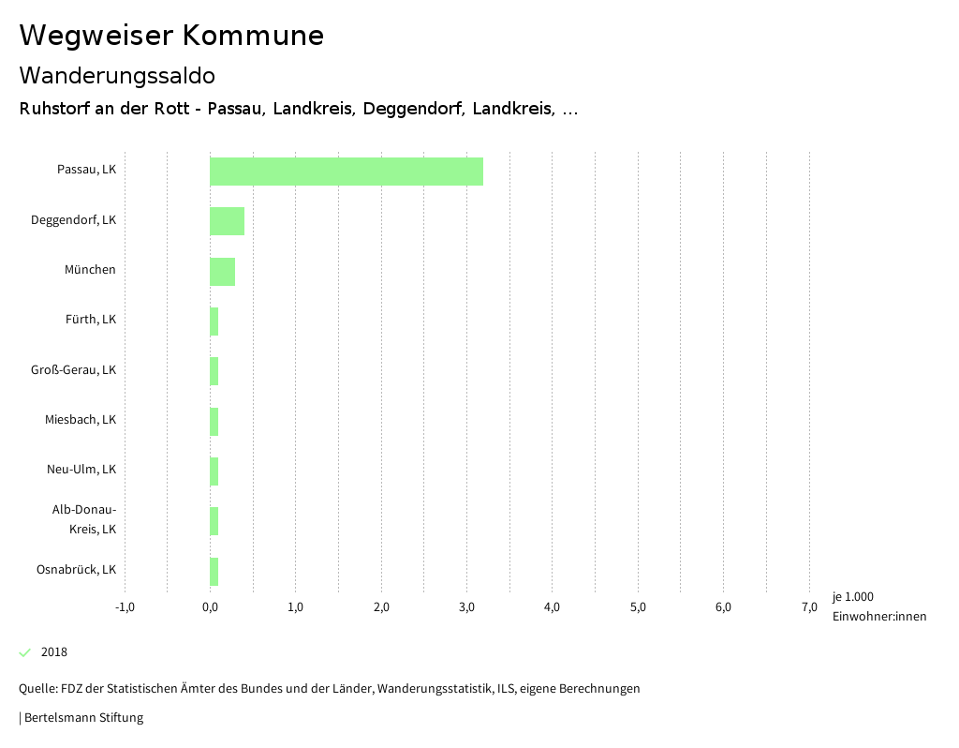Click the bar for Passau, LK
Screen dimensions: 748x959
click(346, 172)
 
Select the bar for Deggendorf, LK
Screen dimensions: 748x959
click(227, 221)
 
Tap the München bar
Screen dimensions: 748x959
click(222, 271)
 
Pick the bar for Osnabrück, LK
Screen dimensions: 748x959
click(214, 571)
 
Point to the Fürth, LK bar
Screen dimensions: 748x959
click(214, 322)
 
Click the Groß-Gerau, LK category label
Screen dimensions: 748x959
click(73, 370)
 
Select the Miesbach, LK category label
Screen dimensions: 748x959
click(80, 420)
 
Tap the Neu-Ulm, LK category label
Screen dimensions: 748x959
click(81, 470)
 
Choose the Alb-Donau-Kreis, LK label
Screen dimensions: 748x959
click(83, 519)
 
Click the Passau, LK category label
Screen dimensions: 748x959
click(86, 171)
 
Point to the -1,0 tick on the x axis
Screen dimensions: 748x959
click(125, 607)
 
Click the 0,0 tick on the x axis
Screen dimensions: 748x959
click(210, 607)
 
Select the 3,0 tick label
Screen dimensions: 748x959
click(466, 607)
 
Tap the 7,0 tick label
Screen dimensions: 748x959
click(809, 607)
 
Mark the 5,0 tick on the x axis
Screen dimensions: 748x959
click(638, 607)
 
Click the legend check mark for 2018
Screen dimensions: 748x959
click(25, 652)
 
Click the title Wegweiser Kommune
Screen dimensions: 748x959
click(171, 36)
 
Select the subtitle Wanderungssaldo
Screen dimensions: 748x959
click(117, 75)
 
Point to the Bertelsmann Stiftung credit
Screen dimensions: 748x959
click(81, 718)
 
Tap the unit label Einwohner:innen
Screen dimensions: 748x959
click(878, 616)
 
